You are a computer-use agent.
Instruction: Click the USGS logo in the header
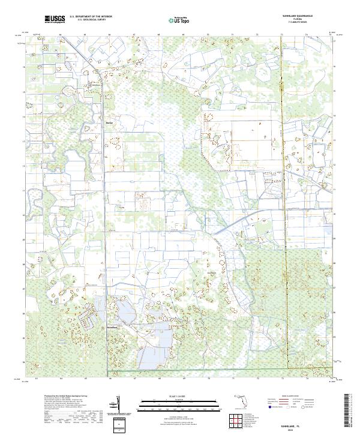(x=55, y=19)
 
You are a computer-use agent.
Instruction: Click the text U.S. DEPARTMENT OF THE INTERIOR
(x=91, y=17)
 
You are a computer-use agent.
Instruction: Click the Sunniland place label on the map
(x=113, y=327)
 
